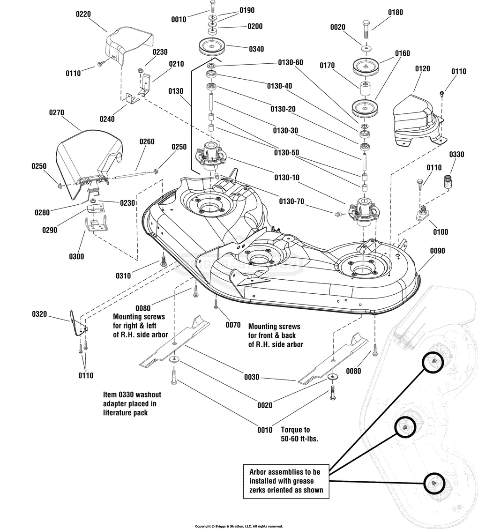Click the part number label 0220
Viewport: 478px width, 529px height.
tap(84, 14)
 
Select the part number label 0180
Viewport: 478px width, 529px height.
tap(396, 12)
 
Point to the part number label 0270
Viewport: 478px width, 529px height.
tap(56, 112)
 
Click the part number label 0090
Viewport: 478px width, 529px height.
tap(437, 251)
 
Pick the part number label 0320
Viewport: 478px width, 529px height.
tap(39, 314)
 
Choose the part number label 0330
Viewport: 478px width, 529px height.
tap(457, 154)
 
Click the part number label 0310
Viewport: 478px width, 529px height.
tap(124, 276)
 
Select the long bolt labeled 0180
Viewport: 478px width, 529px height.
tap(366, 31)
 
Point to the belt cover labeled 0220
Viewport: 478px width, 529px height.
tap(127, 47)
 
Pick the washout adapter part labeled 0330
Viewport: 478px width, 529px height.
tap(449, 180)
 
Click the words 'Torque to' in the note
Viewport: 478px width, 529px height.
tap(295, 430)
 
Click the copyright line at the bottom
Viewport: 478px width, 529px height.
tap(239, 526)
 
